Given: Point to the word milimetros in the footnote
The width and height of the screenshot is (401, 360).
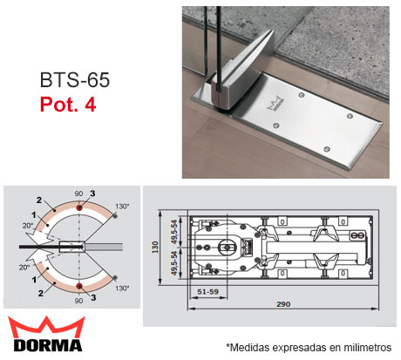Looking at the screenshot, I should (x=361, y=348).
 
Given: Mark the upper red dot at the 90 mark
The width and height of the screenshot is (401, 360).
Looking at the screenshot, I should (x=79, y=209).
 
